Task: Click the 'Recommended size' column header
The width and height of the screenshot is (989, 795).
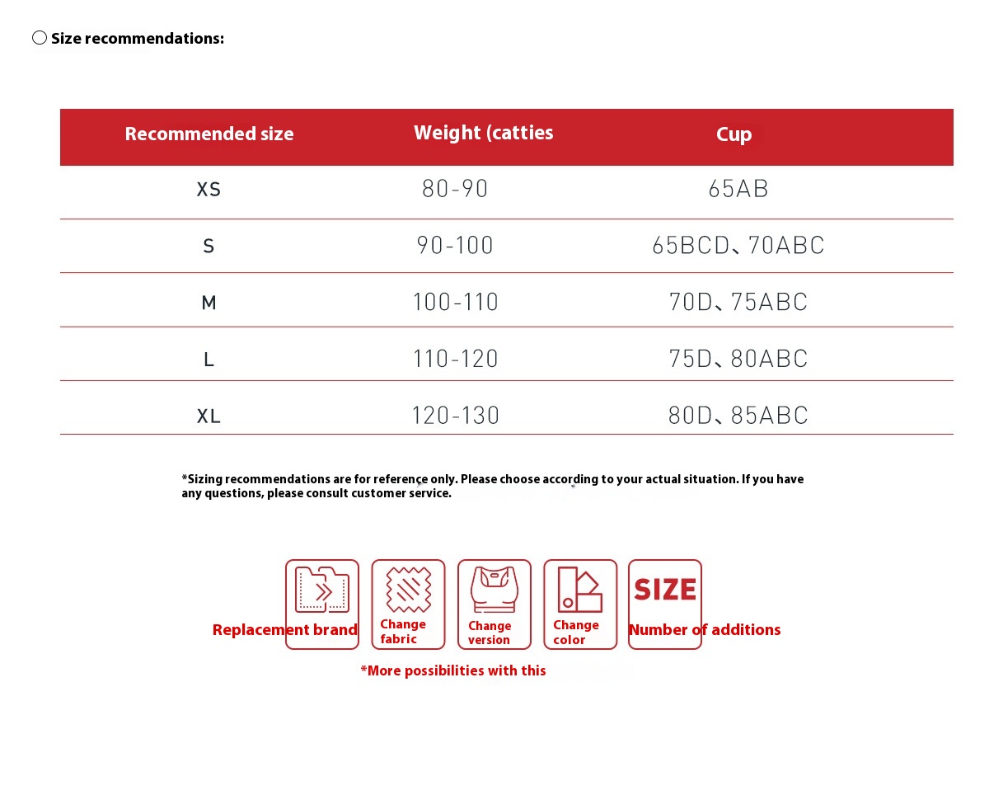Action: pyautogui.click(x=209, y=134)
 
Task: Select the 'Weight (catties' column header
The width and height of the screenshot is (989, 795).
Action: pyautogui.click(x=483, y=133)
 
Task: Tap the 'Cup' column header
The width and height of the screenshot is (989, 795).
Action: pyautogui.click(x=734, y=134)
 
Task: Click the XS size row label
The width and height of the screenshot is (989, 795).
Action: pyautogui.click(x=209, y=190)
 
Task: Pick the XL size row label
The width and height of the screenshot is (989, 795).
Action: pyautogui.click(x=209, y=416)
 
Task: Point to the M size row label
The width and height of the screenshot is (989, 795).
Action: pyautogui.click(x=209, y=303)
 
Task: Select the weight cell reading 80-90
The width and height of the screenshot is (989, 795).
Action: pyautogui.click(x=455, y=189)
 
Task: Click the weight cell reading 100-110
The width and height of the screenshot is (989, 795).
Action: pyautogui.click(x=455, y=302)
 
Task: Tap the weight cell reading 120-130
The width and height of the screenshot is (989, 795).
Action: pyautogui.click(x=455, y=415)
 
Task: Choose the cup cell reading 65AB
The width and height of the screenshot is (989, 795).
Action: pyautogui.click(x=738, y=189)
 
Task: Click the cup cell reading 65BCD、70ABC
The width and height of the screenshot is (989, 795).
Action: pyautogui.click(x=738, y=246)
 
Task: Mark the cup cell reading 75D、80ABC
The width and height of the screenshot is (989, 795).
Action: pyautogui.click(x=738, y=359)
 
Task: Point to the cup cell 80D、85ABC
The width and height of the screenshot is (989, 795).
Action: pyautogui.click(x=738, y=415)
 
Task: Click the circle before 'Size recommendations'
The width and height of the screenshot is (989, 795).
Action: pyautogui.click(x=40, y=38)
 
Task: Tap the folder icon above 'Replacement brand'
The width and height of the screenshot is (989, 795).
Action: pyautogui.click(x=321, y=590)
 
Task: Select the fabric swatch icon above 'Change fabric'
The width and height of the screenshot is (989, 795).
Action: pyautogui.click(x=408, y=589)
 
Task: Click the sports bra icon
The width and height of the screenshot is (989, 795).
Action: pyautogui.click(x=494, y=589)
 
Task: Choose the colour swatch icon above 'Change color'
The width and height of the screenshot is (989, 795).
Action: pyautogui.click(x=579, y=589)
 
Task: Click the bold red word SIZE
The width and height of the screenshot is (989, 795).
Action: pyautogui.click(x=665, y=590)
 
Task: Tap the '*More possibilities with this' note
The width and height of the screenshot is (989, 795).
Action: pyautogui.click(x=453, y=670)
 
